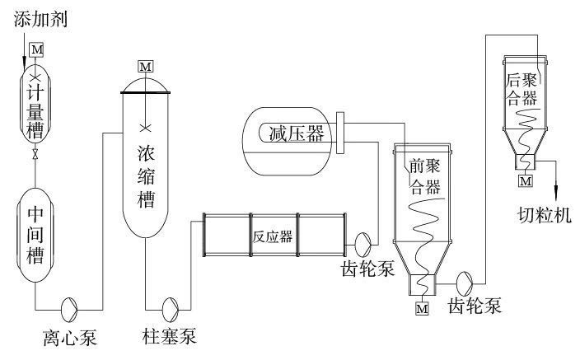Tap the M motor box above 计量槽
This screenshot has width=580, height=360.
[x=35, y=49]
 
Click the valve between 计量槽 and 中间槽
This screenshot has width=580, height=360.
[x=35, y=154]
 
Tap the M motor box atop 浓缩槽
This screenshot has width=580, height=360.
[x=146, y=64]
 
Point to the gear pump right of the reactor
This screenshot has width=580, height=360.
[x=362, y=243]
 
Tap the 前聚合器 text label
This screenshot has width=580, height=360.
[x=426, y=176]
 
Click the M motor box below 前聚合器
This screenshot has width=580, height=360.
[x=422, y=309]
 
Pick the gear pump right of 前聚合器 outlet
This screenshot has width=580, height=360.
[x=465, y=282]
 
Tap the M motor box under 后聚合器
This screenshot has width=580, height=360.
[x=525, y=180]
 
